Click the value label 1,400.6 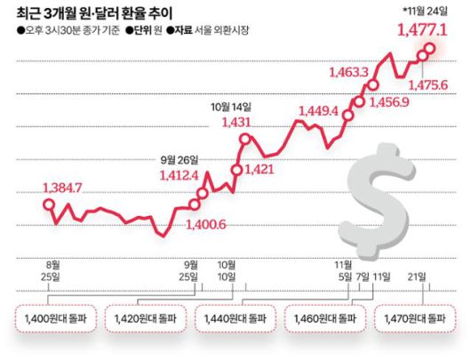pos(207,223)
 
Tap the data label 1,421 pos(258,168)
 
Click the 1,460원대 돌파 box pos(324,318)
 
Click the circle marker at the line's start pos(50,206)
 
